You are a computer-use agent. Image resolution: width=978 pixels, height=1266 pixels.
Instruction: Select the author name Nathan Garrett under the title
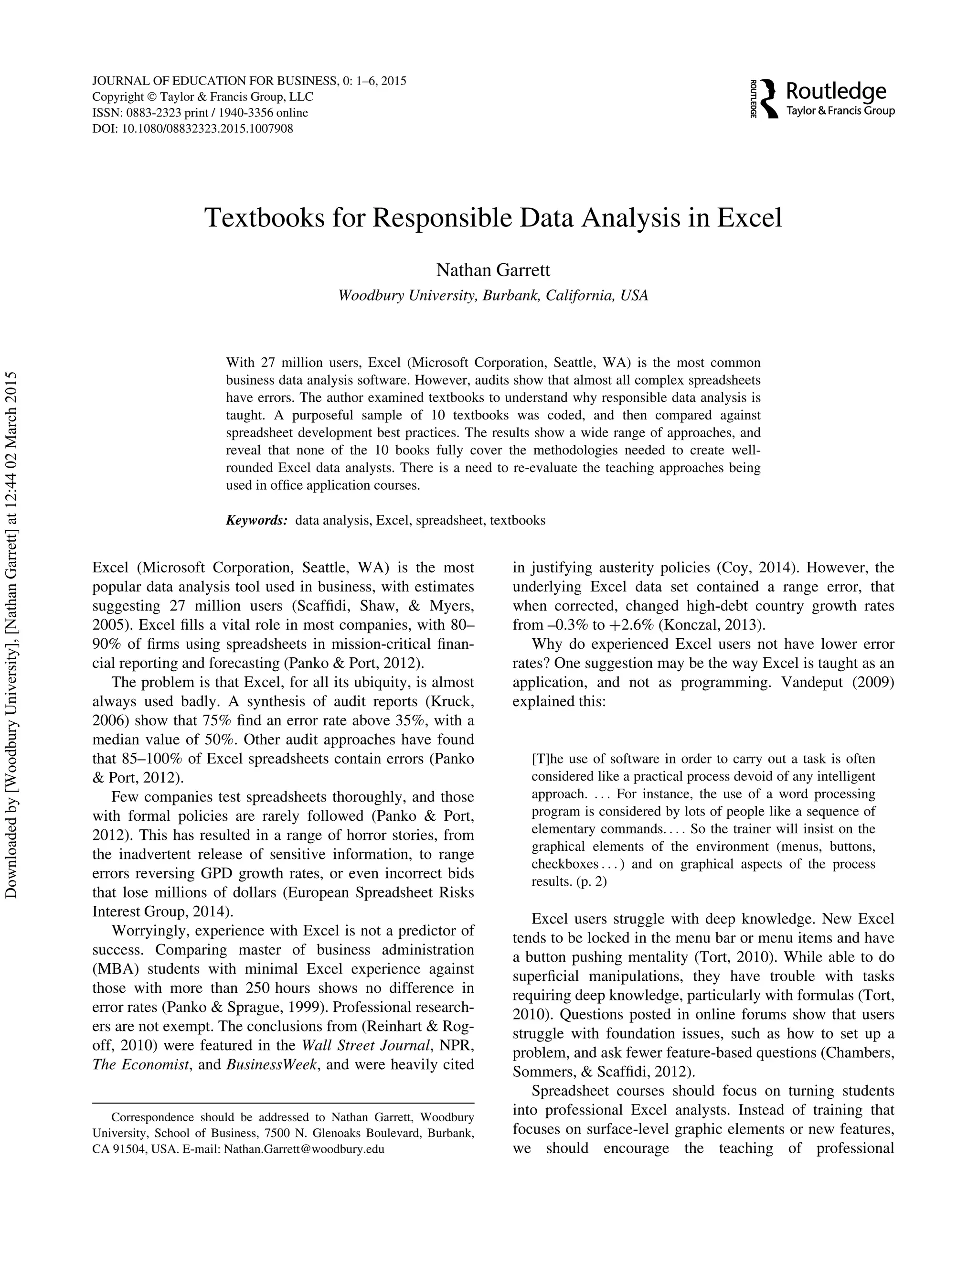492,270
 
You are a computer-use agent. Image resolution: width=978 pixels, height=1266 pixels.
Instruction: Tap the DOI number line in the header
192,129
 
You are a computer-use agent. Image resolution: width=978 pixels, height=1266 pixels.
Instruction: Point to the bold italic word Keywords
256,520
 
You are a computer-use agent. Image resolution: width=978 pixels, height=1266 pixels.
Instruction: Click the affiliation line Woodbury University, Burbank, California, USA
492,296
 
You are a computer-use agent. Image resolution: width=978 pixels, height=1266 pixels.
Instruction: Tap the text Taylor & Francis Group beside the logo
840,111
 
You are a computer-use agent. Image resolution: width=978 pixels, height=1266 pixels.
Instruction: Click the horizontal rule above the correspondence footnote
283,1103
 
